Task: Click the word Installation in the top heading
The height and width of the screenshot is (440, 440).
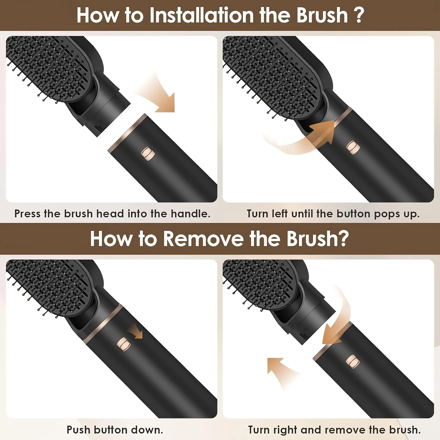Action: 202,15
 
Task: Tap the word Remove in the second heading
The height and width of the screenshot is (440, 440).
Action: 203,239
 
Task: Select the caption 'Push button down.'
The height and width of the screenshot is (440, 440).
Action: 115,430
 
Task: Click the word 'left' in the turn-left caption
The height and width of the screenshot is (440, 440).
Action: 280,214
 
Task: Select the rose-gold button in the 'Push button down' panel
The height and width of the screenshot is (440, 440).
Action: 123,344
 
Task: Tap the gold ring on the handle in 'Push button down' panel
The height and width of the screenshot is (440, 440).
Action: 103,323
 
